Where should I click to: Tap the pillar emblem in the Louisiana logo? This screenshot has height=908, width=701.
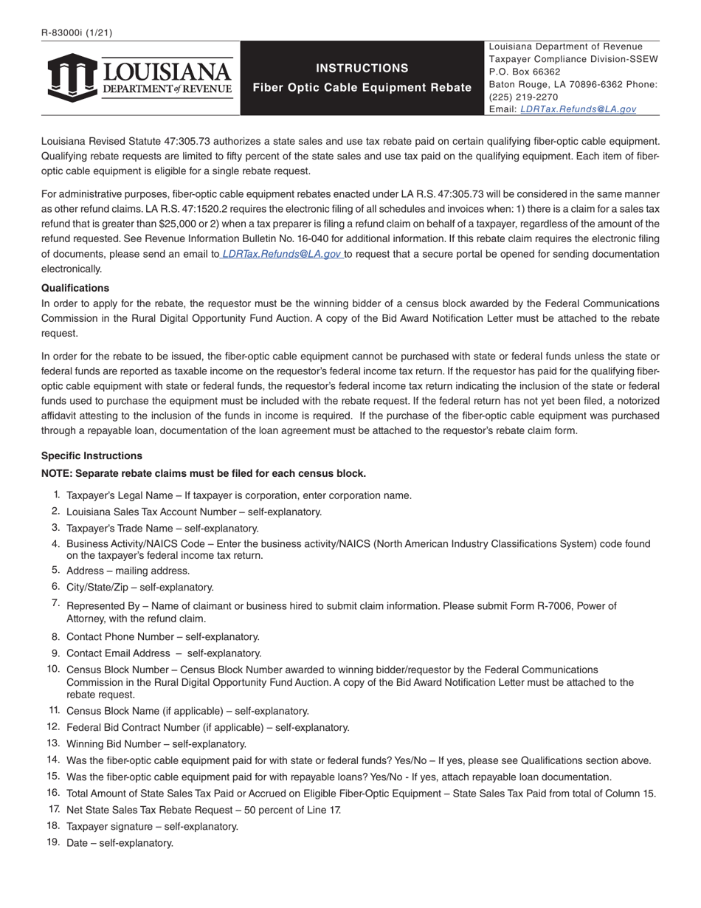tap(72, 78)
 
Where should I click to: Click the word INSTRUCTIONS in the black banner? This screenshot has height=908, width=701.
tap(362, 68)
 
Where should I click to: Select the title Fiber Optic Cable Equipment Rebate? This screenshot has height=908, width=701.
tap(362, 88)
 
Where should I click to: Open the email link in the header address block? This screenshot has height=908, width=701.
tap(578, 109)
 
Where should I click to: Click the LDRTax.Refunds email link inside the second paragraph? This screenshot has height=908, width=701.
tap(281, 254)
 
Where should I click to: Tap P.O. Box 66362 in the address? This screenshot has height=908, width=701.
tap(525, 72)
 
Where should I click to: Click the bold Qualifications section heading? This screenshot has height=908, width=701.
tap(75, 288)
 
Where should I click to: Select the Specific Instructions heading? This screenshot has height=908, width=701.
tap(91, 455)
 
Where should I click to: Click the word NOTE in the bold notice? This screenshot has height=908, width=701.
tap(57, 473)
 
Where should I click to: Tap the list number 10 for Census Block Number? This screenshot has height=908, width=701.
tap(53, 669)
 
